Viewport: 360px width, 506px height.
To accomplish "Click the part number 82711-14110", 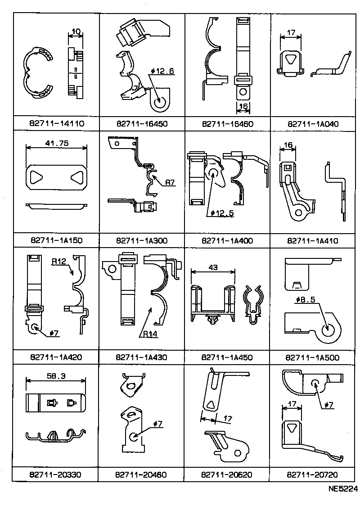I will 56,123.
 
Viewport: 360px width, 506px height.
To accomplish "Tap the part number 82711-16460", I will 228,123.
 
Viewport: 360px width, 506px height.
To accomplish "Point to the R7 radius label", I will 170,183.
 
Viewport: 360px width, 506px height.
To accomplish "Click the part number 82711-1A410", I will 313,240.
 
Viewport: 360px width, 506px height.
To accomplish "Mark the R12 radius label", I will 59,262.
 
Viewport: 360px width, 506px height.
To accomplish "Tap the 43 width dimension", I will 213,267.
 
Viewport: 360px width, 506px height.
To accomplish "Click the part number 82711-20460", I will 142,474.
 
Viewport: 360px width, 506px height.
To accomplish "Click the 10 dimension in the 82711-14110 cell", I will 76,32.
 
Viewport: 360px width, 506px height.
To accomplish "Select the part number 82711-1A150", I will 56,240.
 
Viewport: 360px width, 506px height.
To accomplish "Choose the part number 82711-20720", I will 313,474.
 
